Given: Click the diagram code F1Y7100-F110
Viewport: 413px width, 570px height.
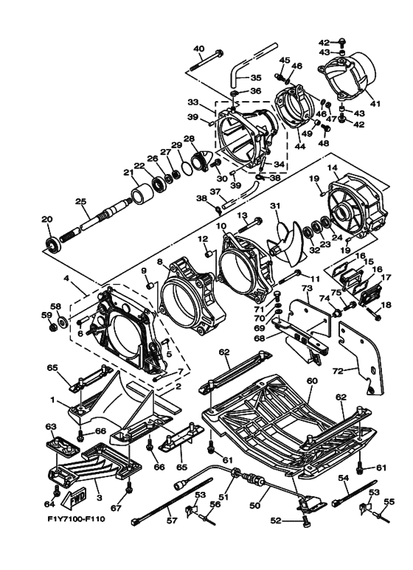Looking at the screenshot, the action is pos(76,518).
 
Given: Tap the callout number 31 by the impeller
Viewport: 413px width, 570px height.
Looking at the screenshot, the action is pos(275,206).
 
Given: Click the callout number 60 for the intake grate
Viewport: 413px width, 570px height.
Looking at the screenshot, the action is pos(312,381).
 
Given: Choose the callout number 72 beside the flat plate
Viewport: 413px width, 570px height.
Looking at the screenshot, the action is pos(338,371).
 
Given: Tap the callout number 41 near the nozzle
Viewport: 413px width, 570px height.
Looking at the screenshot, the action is pos(375,104).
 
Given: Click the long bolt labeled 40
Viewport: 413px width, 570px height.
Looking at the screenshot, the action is pos(206,62).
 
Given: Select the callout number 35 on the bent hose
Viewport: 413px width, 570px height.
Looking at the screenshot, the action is pos(256,77).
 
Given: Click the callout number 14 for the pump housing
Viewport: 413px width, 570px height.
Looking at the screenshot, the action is pos(332,167).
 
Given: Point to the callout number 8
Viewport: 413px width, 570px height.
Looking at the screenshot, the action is pos(160,261).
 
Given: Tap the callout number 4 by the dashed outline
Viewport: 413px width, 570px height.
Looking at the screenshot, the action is pos(66,279).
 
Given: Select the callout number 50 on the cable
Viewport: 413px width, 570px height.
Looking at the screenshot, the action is pos(255,504).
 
